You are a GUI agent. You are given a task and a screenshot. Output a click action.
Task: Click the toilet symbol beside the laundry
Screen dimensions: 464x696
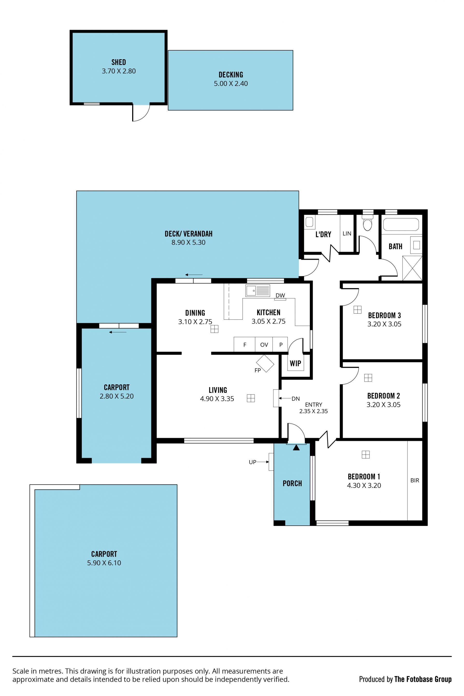[x=367, y=223]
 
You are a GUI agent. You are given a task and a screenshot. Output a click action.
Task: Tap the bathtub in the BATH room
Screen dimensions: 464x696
[x=401, y=224]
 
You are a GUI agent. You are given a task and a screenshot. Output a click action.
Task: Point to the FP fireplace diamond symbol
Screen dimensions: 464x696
[x=265, y=363]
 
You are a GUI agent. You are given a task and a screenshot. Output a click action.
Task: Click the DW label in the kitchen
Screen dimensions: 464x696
[x=280, y=295]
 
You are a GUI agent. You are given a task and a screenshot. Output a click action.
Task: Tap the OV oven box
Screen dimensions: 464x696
[x=264, y=344]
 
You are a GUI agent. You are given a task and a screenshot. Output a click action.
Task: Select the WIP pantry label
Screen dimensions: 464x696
[x=295, y=364]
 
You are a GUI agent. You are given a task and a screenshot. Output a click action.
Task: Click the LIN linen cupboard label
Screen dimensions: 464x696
[x=347, y=234]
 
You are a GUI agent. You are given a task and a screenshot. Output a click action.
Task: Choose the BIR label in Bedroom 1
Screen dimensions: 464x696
[x=415, y=480]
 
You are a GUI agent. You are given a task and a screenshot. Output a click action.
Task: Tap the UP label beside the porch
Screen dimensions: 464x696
[x=252, y=462]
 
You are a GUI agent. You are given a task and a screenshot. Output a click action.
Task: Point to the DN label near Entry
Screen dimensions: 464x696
[x=296, y=398]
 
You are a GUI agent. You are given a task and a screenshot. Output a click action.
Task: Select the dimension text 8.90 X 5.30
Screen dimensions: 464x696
[x=188, y=242]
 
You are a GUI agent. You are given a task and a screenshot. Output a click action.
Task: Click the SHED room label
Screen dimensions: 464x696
[x=119, y=62]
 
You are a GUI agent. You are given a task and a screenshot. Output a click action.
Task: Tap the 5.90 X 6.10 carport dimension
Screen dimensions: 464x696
[x=104, y=563]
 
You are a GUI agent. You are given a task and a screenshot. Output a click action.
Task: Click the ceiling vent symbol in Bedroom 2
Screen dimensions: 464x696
[x=368, y=378]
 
